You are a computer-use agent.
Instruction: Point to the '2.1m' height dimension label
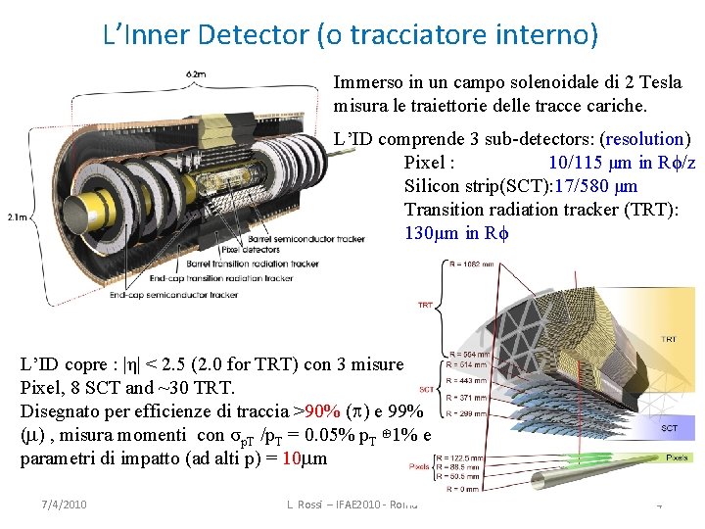point(15,217)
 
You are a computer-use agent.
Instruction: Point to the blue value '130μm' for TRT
point(432,233)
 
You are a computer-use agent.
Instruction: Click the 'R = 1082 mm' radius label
point(476,264)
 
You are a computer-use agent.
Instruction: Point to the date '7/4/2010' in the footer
point(64,505)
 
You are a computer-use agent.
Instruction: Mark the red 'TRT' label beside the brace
point(425,306)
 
